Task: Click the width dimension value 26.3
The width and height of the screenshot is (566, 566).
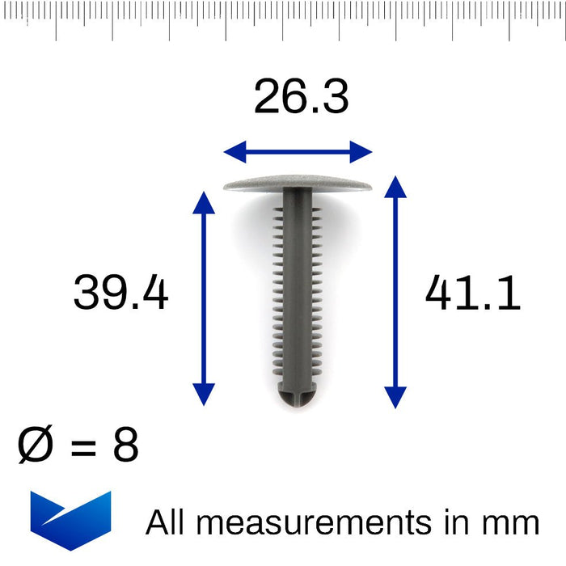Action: (301, 98)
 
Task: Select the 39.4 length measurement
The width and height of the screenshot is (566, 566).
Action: (121, 293)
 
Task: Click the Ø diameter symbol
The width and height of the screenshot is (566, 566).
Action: (36, 446)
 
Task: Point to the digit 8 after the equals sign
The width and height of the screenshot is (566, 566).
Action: (125, 446)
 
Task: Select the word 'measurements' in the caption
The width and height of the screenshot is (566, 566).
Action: (314, 523)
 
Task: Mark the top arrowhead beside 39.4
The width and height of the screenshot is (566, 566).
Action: (204, 199)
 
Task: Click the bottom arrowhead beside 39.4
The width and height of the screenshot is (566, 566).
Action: (204, 394)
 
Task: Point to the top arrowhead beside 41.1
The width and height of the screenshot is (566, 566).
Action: (395, 185)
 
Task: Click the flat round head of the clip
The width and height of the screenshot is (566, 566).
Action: (297, 182)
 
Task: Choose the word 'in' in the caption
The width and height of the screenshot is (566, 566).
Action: (458, 522)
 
